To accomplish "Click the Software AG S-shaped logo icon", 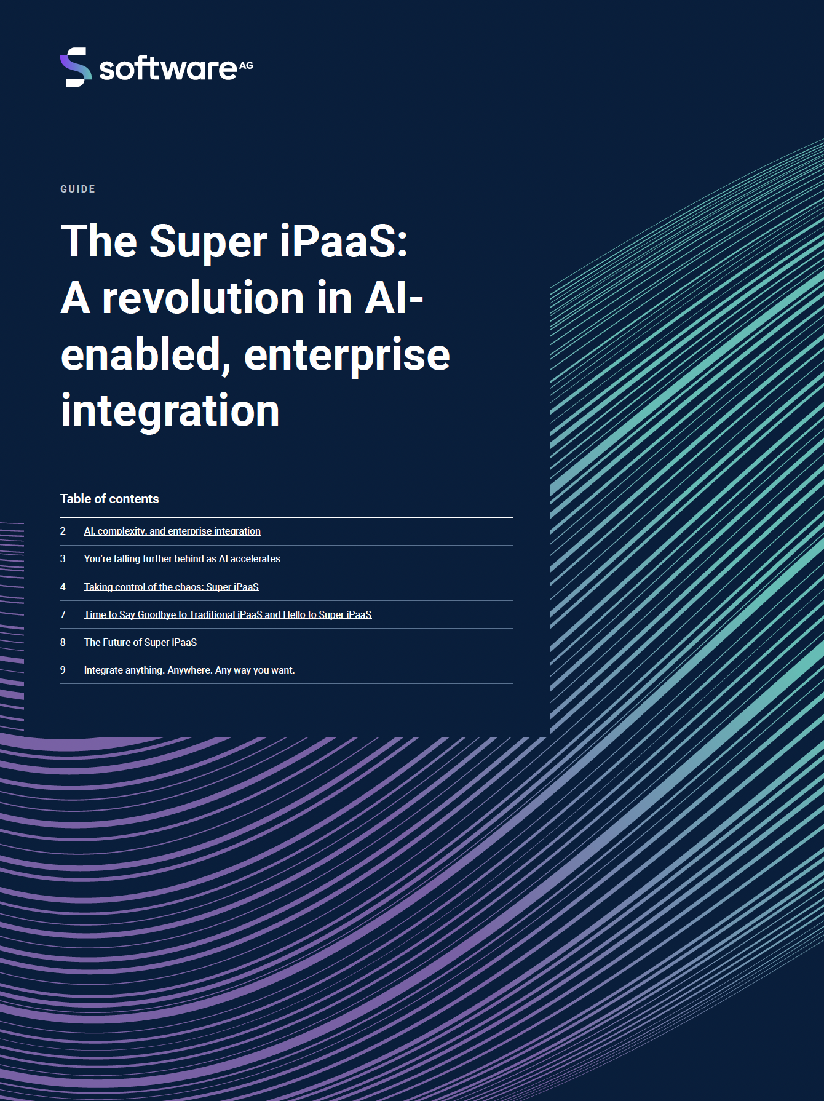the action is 76,67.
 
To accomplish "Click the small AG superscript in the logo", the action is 246,65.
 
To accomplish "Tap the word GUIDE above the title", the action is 78,189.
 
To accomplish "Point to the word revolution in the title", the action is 204,298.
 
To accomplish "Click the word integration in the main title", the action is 170,411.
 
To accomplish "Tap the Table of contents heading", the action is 109,499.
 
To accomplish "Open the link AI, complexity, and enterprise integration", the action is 172,531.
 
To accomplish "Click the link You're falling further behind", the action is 182,558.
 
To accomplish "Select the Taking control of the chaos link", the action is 172,587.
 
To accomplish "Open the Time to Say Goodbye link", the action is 228,614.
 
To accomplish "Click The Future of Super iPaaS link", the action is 141,642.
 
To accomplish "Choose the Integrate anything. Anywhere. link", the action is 189,670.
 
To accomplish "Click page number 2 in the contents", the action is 63,531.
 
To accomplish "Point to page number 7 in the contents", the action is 63,614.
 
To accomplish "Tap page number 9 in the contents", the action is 63,670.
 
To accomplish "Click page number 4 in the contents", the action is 63,587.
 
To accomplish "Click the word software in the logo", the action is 168,68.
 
